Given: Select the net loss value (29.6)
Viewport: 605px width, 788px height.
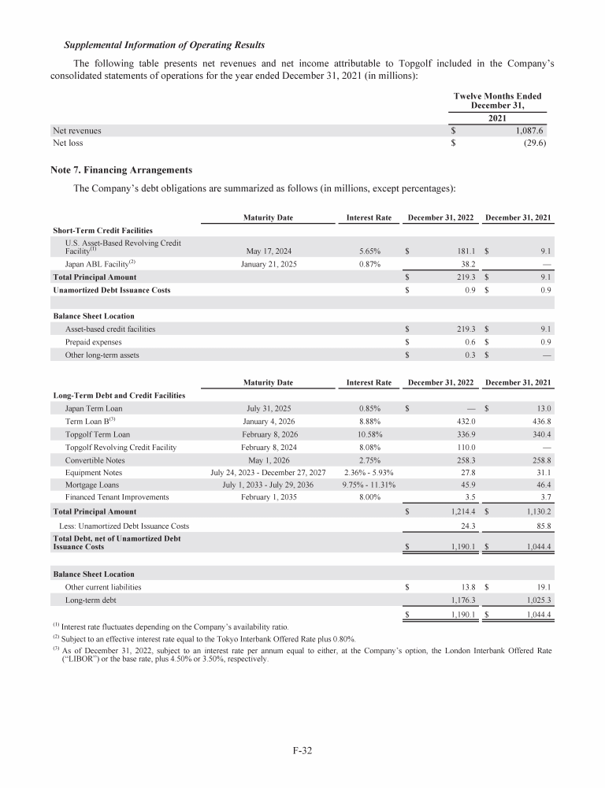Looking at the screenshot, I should click(x=535, y=143).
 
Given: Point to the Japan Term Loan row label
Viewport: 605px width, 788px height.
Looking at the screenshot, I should click(x=93, y=408).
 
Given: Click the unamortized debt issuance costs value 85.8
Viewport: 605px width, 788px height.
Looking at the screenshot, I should click(x=541, y=525).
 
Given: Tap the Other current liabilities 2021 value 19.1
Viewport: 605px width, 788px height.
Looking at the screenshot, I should click(x=541, y=587).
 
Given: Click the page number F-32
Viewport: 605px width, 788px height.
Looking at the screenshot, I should click(x=302, y=751).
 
